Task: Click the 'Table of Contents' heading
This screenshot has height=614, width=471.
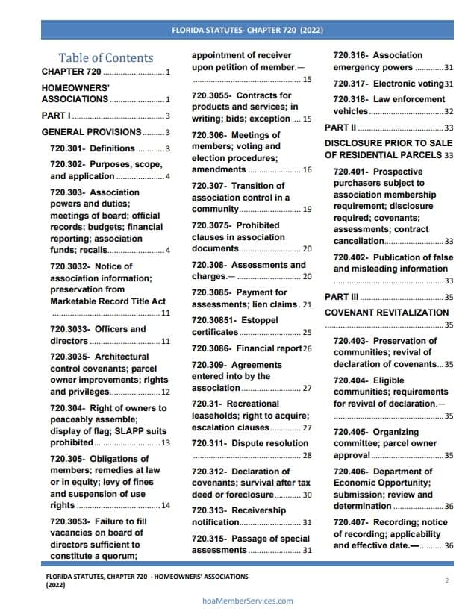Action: [x=106, y=58]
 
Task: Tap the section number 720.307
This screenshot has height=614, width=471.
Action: [x=208, y=186]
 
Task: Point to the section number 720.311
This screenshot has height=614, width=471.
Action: [x=208, y=443]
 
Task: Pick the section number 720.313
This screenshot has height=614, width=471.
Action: [x=208, y=510]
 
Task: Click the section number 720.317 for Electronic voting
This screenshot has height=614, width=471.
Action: [x=350, y=84]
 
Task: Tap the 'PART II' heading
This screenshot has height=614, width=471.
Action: [x=340, y=128]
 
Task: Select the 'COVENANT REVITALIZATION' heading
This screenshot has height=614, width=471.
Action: [x=387, y=313]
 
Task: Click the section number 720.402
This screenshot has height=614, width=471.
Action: [x=350, y=257]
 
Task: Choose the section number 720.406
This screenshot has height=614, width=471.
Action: [x=350, y=471]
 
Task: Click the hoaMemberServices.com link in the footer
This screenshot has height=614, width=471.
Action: [x=248, y=601]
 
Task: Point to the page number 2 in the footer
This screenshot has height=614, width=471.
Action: [x=446, y=580]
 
